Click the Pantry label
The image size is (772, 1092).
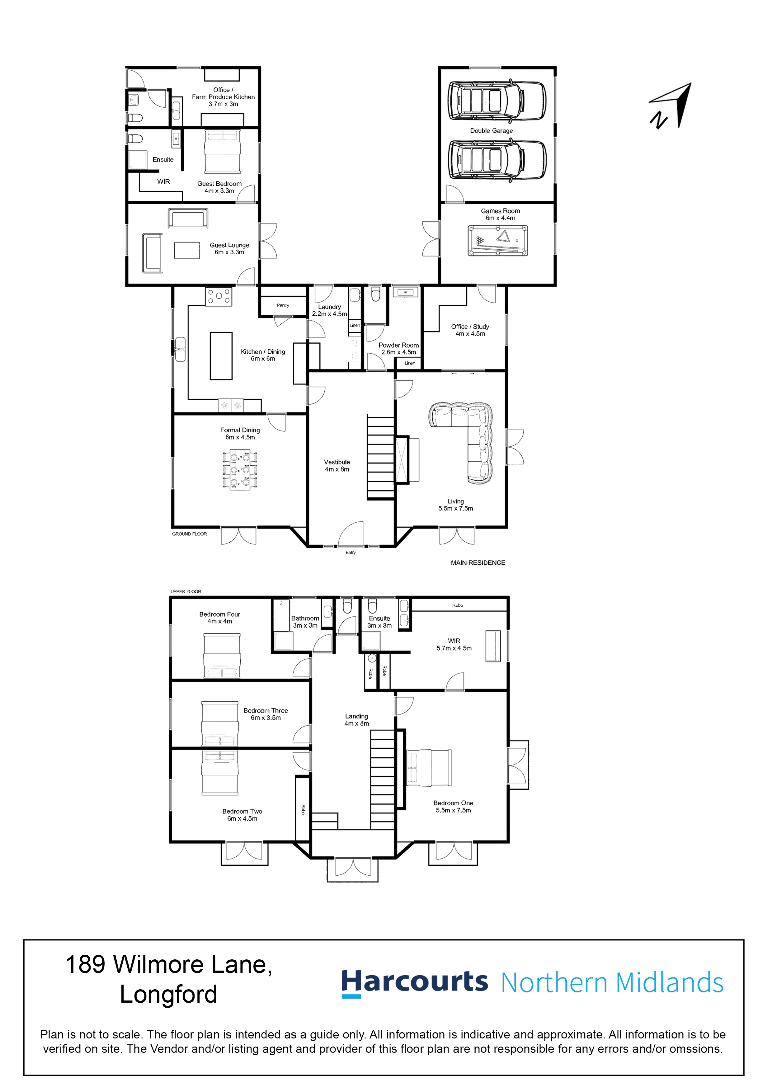point(283,305)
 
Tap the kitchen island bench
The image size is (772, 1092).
point(221,356)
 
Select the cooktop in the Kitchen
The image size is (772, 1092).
point(219,296)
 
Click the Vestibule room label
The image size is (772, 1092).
point(337,462)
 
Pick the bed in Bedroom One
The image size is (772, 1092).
point(428,768)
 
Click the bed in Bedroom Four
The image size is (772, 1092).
point(222,656)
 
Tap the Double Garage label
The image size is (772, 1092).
point(491,131)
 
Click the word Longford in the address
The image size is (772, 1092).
point(168,995)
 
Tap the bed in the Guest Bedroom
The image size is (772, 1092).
point(223,152)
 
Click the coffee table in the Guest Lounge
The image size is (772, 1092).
point(187,251)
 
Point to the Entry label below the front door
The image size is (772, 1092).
point(351,553)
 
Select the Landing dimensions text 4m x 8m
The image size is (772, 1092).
point(357,723)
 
